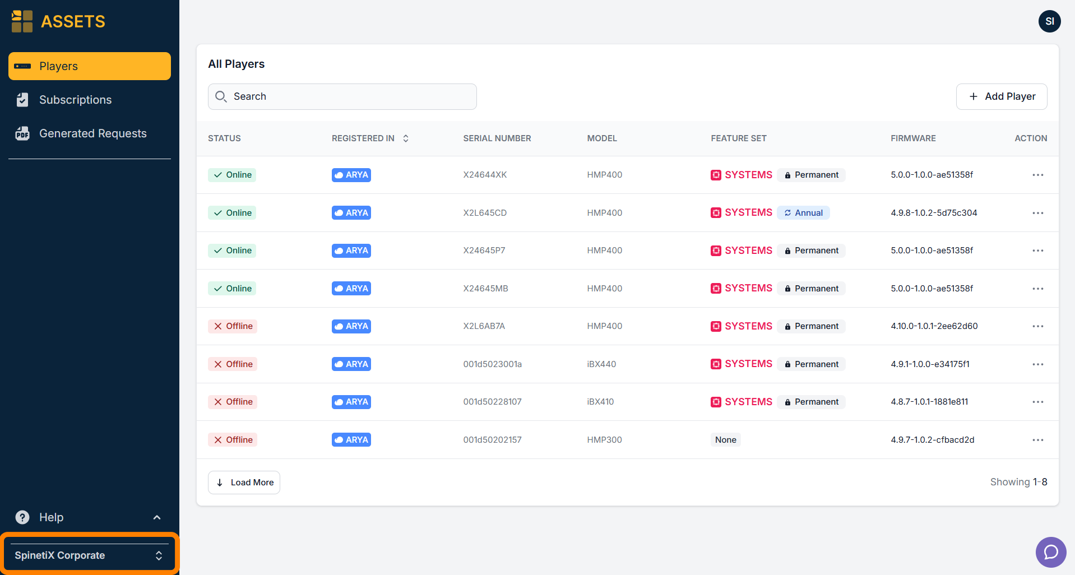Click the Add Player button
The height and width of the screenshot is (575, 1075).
[1001, 96]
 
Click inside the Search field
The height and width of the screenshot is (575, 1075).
[342, 96]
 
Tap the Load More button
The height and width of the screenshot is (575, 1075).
[244, 483]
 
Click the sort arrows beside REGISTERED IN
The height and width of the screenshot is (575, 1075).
[406, 138]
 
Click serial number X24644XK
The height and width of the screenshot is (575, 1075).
[485, 175]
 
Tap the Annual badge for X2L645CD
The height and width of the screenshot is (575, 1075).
[803, 213]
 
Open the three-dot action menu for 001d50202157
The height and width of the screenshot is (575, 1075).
[1038, 440]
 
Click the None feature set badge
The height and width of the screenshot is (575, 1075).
[726, 440]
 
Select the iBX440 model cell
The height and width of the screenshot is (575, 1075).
[601, 364]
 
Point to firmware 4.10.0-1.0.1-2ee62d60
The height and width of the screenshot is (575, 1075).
[934, 326]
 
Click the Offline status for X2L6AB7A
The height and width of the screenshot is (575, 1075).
[233, 326]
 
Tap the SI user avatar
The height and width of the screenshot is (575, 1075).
[1050, 21]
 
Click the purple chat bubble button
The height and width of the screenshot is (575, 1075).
[1051, 552]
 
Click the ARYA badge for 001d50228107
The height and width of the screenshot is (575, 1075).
[351, 402]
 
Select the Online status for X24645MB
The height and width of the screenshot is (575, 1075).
[232, 289]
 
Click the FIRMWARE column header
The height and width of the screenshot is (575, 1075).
[913, 138]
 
